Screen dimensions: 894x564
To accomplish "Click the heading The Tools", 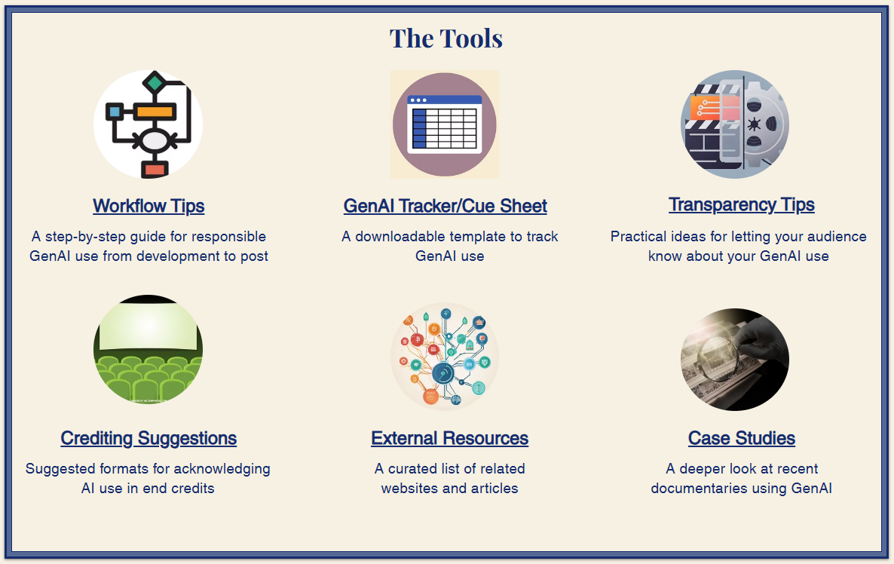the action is (445, 38).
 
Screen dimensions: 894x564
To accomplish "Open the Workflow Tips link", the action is (148, 206).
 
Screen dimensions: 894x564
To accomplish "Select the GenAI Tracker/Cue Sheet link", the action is (445, 206).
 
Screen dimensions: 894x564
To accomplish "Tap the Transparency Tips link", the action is (742, 205).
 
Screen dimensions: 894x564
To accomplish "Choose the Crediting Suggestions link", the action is (148, 438).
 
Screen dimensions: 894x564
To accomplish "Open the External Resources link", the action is (450, 438).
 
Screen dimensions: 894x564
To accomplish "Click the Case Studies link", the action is (742, 438).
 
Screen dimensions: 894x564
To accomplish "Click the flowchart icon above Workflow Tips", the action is (148, 124).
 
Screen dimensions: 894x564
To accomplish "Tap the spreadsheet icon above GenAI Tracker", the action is (445, 124).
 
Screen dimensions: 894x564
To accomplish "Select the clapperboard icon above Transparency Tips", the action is (735, 124).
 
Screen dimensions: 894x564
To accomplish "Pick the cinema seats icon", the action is (148, 349).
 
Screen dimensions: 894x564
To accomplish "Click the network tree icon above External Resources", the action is (445, 357).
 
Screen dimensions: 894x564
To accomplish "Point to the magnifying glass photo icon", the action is (735, 359).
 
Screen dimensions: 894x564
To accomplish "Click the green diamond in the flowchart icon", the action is (155, 82).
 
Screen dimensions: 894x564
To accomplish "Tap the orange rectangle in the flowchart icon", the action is (155, 111).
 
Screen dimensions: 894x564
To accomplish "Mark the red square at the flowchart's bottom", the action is (155, 170).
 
